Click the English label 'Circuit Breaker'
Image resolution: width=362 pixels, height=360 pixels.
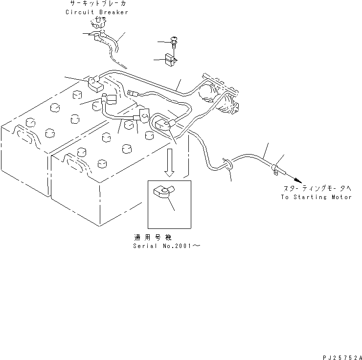pos(97,12)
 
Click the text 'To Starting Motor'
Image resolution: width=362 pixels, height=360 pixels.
pos(316,197)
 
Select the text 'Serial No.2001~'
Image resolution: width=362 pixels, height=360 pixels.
pos(166,246)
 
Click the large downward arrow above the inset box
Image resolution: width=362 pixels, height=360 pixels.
pos(169,163)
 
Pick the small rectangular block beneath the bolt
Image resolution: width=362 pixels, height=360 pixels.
pos(170,60)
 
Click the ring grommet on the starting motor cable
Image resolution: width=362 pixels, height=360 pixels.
pos(227,164)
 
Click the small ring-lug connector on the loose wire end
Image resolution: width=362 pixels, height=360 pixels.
pos(132,93)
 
